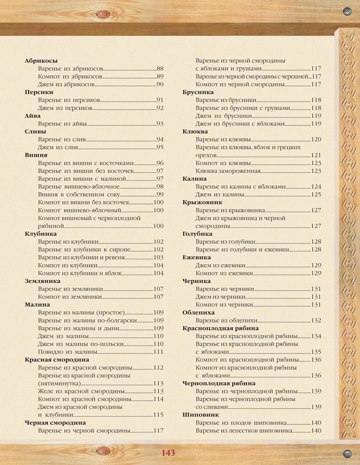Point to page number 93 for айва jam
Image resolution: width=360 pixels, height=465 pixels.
160,123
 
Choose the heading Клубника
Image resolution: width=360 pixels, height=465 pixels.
40,234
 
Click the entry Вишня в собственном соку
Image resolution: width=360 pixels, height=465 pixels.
79,194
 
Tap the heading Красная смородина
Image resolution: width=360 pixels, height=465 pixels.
57,360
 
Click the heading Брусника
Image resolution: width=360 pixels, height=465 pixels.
198,92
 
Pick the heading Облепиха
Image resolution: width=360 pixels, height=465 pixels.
198,312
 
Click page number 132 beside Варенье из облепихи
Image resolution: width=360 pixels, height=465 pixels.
316,321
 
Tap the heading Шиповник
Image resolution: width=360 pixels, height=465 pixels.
201,415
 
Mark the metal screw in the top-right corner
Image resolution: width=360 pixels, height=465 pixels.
347,10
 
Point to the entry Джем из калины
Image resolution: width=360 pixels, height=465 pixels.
220,194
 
